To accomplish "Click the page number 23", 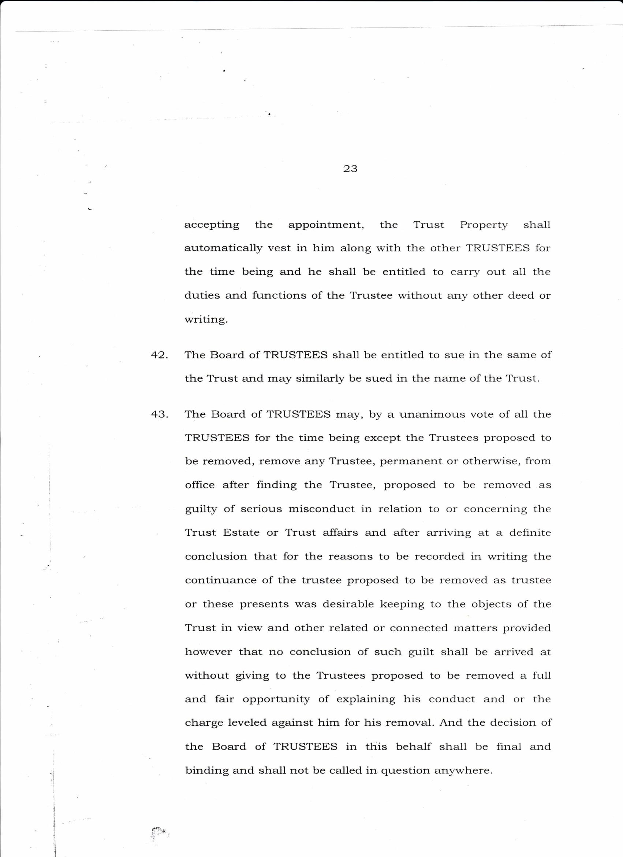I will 350,169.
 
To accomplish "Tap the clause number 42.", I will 159,355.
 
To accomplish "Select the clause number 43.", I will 159,414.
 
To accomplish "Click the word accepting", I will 212,225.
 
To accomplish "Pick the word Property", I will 483,225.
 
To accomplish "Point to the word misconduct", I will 321,509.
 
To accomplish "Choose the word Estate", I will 241,533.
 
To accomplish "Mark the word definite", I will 530,533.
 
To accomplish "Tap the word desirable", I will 348,604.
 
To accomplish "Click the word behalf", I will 413,747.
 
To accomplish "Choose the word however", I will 208,652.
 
